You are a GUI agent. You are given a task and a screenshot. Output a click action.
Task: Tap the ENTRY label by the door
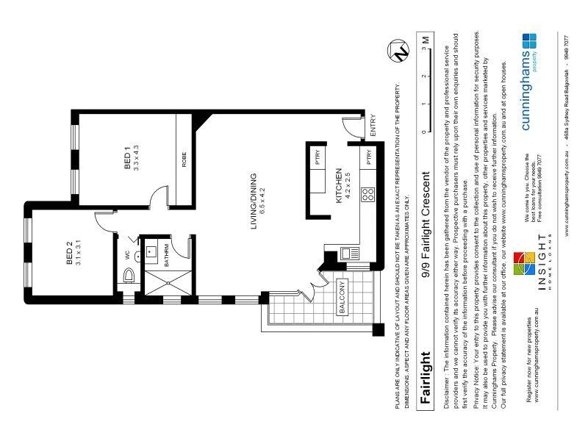pos(373,124)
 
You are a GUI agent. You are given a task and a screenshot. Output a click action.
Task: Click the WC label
pos(127,254)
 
